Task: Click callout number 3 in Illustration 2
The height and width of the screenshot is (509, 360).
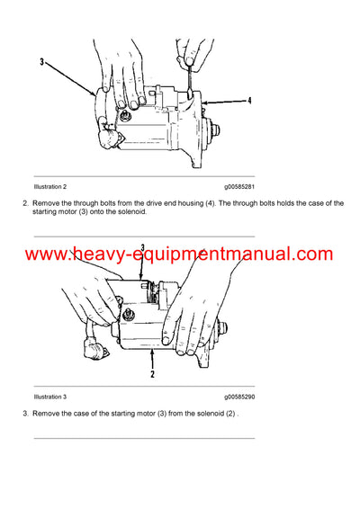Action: (41, 62)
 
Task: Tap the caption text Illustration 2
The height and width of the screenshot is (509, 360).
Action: (50, 186)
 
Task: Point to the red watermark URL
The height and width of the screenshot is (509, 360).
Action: (179, 254)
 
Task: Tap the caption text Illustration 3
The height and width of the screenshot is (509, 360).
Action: (50, 397)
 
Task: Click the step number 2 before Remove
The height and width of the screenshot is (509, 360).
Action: (25, 203)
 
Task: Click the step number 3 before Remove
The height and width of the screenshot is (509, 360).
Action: (25, 413)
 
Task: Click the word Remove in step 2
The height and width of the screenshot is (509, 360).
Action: (46, 203)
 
